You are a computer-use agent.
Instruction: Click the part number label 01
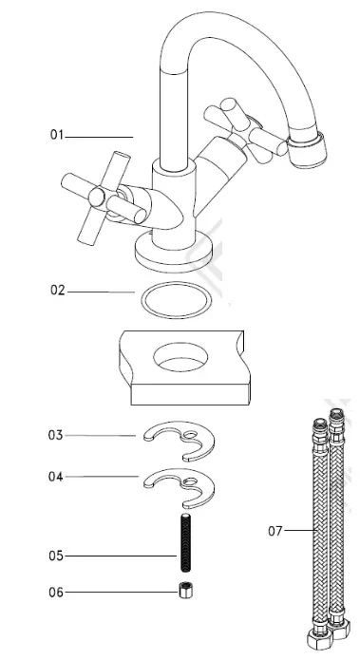tap(56, 136)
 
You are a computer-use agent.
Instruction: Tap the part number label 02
tap(57, 291)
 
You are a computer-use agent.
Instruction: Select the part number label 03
tap(56, 435)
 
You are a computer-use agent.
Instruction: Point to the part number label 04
tap(56, 477)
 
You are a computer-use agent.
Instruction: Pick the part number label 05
tap(57, 555)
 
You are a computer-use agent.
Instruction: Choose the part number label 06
tap(57, 592)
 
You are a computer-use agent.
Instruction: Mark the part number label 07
tap(275, 531)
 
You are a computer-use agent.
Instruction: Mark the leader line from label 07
tap(299, 530)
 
